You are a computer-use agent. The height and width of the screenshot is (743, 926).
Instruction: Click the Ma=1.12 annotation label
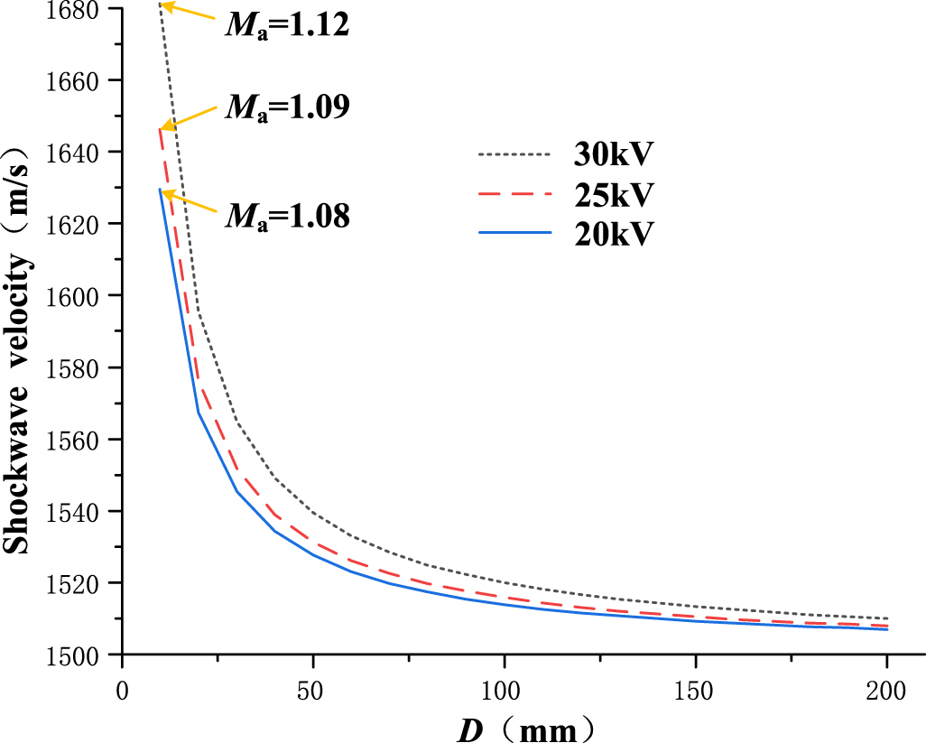click(286, 25)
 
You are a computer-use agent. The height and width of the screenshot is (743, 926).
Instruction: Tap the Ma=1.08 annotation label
click(286, 216)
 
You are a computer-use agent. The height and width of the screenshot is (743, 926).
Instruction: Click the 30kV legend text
click(613, 154)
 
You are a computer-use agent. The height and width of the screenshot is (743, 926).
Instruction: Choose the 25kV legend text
click(613, 194)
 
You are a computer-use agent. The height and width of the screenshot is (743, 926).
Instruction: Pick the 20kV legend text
click(613, 233)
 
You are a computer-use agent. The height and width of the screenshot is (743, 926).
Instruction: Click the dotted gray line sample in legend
click(514, 154)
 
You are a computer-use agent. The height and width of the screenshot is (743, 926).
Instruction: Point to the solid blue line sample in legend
click(514, 233)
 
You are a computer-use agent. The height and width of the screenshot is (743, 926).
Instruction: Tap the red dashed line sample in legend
click(514, 194)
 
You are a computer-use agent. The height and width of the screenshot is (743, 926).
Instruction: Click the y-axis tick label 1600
click(70, 296)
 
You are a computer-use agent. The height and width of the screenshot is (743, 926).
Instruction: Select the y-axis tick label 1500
click(70, 654)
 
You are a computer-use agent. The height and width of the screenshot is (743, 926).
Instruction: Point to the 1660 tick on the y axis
click(70, 80)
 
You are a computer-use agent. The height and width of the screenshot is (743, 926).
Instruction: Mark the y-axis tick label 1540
click(70, 511)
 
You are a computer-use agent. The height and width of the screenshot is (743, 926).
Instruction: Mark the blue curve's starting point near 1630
click(160, 190)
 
